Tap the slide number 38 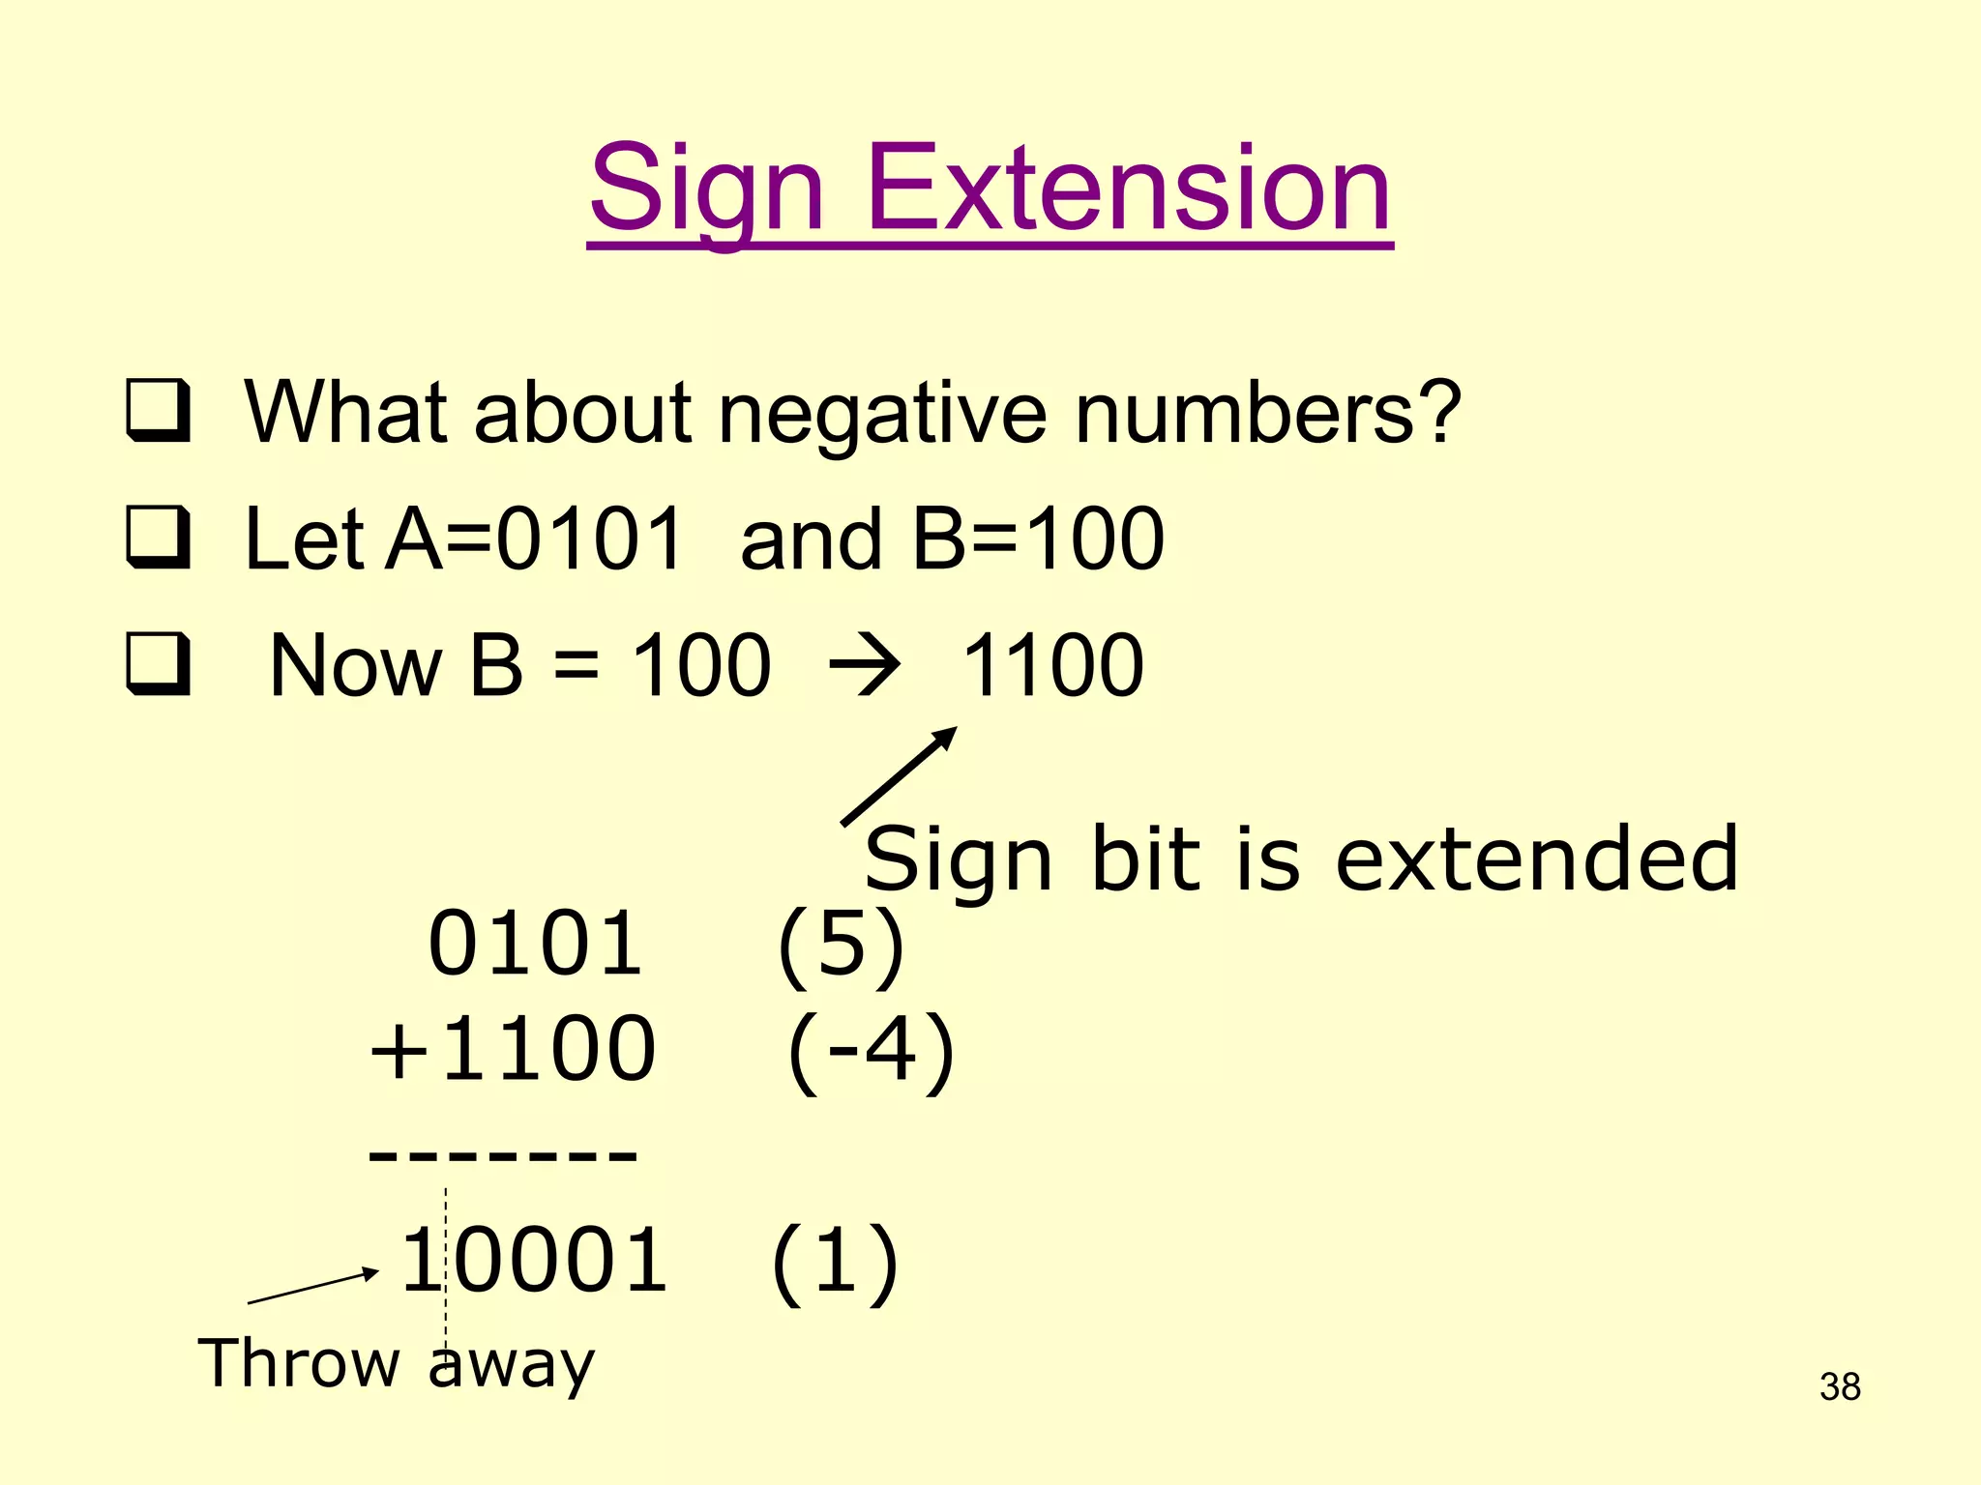tap(1840, 1386)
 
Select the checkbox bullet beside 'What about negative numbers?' tap(158, 410)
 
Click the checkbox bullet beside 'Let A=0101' tap(158, 537)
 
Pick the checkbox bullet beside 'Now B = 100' tap(158, 663)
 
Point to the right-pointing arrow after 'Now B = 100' tap(864, 665)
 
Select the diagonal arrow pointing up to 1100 tap(899, 776)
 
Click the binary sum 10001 tap(534, 1259)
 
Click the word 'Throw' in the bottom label tap(299, 1363)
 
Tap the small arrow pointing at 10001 tap(312, 1287)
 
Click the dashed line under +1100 tap(503, 1153)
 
